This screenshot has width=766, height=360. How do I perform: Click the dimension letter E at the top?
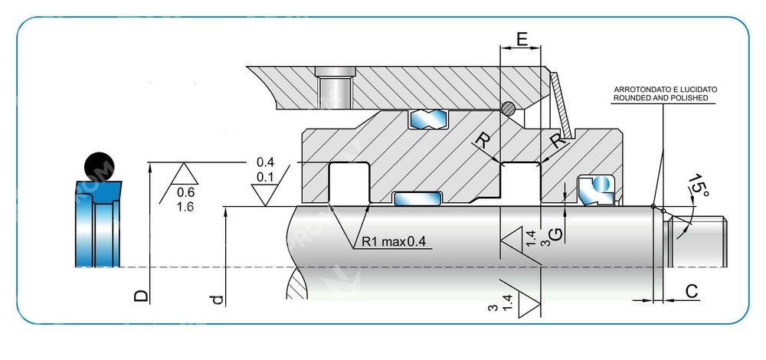coord(522,38)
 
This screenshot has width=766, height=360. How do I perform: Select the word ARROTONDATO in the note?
coord(638,90)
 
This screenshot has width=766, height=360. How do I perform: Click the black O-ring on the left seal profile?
coord(98,164)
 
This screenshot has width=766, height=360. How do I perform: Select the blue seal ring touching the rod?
coord(417,199)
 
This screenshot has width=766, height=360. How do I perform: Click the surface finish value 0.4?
coord(265,162)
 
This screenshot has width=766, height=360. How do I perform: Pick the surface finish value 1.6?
coord(185,207)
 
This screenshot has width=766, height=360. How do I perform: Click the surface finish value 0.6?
coord(185,192)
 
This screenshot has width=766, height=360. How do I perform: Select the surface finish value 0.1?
coord(265,178)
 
